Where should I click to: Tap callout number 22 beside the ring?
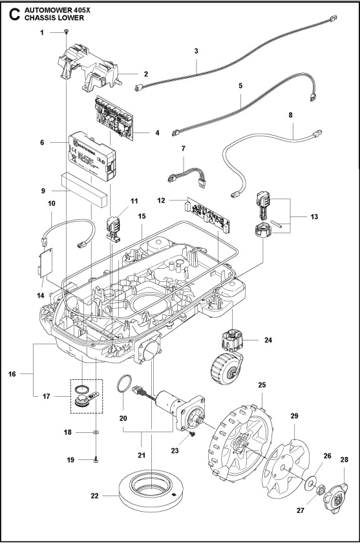[x=95, y=496]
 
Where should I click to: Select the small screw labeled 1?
[x=67, y=32]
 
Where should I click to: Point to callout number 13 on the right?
[x=313, y=216]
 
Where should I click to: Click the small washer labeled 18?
[x=96, y=432]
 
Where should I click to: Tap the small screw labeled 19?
[x=96, y=459]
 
